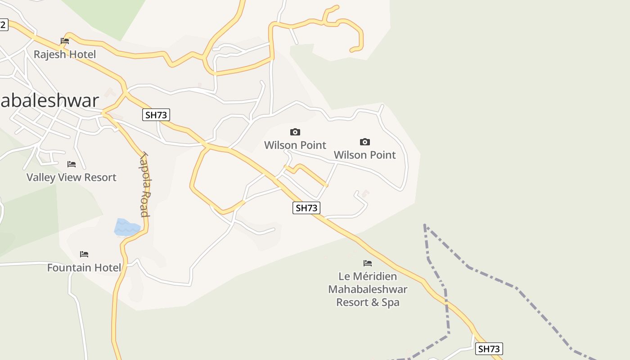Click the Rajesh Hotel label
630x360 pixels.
coord(65,54)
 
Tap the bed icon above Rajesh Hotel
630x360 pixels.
coord(65,41)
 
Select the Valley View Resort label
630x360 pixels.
coord(72,177)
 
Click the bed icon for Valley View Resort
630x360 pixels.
coord(72,164)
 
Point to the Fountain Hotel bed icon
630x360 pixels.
coord(84,254)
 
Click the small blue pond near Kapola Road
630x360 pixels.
coord(126,227)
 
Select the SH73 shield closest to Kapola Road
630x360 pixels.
coord(156,115)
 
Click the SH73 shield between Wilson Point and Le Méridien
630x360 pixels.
coord(306,208)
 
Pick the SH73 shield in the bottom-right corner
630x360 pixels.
coord(489,349)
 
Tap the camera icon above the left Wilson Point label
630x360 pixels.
coord(295,132)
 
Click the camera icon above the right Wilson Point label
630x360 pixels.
coord(365,142)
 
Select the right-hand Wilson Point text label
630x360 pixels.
coord(365,155)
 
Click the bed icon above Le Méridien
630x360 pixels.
coord(368,263)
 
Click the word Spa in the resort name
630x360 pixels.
coord(391,302)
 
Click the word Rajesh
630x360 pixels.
coord(49,54)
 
